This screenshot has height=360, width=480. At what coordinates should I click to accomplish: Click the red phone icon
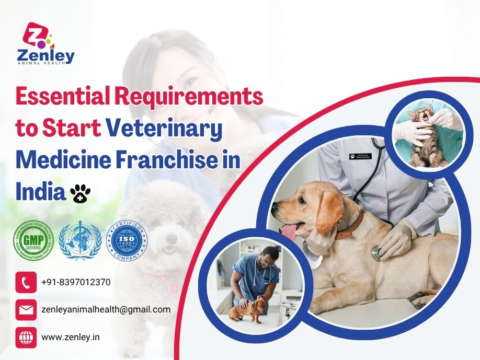26,282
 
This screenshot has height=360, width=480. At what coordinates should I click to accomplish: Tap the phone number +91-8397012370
76,282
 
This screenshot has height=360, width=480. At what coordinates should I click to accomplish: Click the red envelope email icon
26,309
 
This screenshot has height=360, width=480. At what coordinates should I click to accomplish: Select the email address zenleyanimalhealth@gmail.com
106,309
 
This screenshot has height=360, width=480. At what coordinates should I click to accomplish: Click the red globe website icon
26,337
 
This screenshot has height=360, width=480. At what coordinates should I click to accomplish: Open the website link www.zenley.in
70,337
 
